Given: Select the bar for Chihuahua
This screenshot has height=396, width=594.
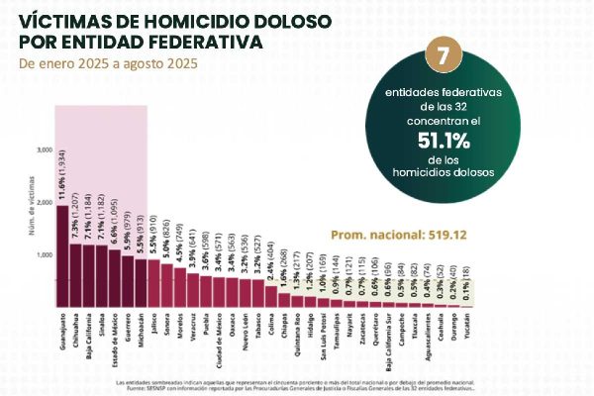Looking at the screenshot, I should [x=75, y=276].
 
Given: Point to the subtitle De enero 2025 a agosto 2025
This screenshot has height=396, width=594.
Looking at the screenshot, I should [x=109, y=63].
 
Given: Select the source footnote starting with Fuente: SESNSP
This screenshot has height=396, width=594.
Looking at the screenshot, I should [x=297, y=387].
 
